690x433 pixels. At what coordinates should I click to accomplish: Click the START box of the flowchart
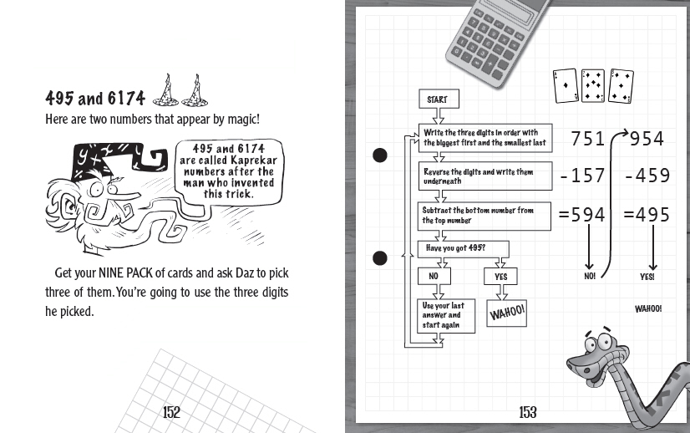point(437,99)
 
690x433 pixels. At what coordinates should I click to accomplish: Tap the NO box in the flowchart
point(434,276)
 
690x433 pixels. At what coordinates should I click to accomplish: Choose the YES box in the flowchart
point(500,276)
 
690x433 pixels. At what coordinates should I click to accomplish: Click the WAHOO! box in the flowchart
point(506,313)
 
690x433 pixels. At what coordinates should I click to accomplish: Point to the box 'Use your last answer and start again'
point(445,315)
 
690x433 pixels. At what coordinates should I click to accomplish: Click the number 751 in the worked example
point(588,139)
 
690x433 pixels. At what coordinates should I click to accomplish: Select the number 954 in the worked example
point(647,139)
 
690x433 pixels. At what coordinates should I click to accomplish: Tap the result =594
point(582,215)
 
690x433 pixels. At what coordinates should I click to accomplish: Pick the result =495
point(647,215)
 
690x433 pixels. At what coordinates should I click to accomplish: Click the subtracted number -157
point(582,176)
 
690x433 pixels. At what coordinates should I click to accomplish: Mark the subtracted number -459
point(647,176)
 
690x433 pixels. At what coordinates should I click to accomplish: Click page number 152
point(171,411)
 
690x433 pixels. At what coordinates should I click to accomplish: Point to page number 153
point(528,411)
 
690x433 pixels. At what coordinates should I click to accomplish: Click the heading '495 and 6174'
point(96,96)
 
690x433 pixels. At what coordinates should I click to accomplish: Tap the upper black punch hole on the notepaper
point(379,155)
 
